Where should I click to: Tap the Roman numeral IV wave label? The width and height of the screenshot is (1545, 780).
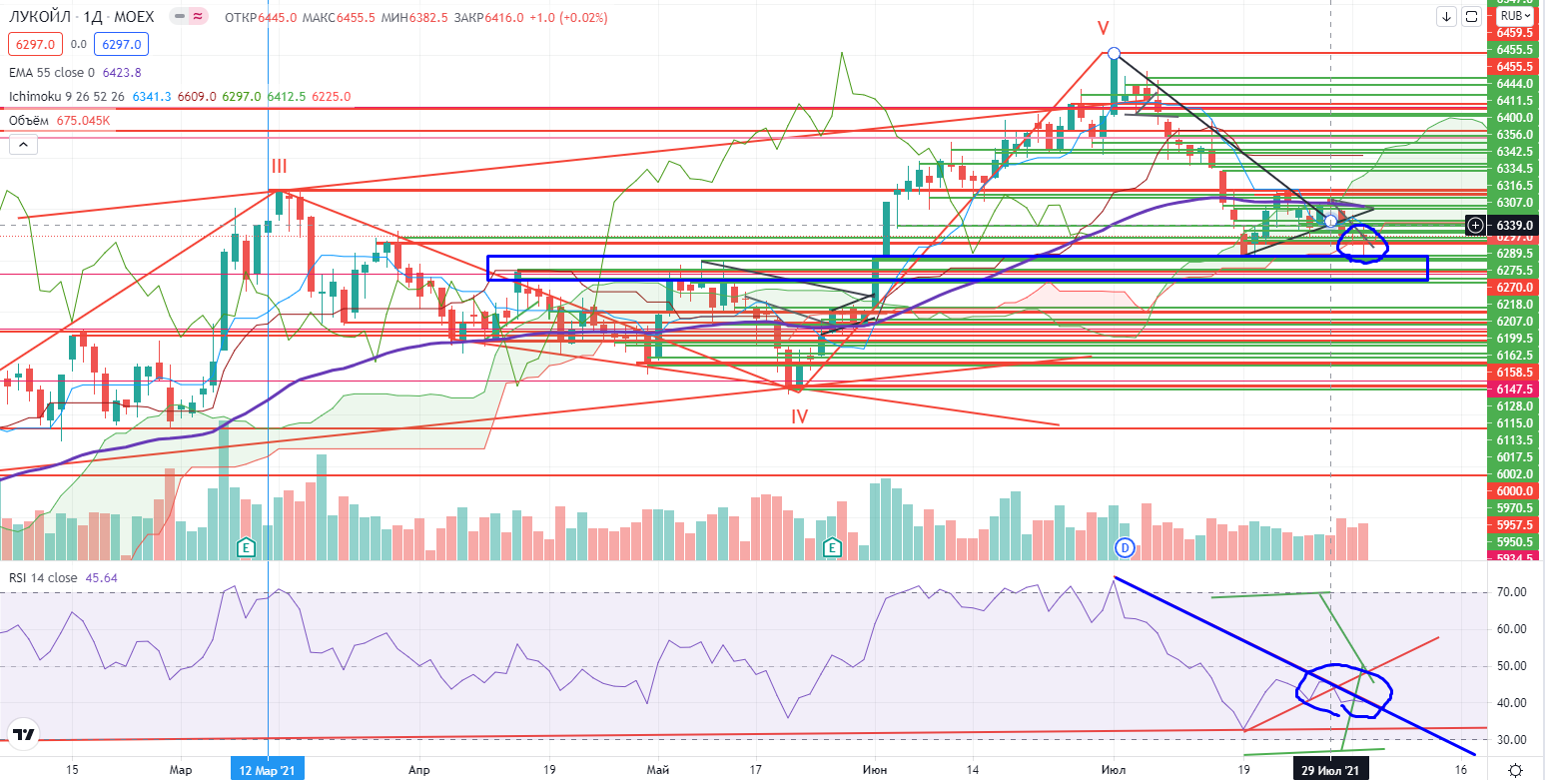pos(799,414)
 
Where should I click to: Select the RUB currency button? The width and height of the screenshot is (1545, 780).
pos(1512,16)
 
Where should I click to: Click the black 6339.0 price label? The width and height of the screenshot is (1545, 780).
pos(1510,226)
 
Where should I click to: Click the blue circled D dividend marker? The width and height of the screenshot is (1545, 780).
pos(1125,546)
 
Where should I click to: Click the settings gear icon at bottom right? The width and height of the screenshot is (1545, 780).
pos(1516,769)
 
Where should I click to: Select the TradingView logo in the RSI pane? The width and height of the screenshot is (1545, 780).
pos(24,735)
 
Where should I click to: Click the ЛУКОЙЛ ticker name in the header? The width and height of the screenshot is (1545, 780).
pos(39,17)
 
